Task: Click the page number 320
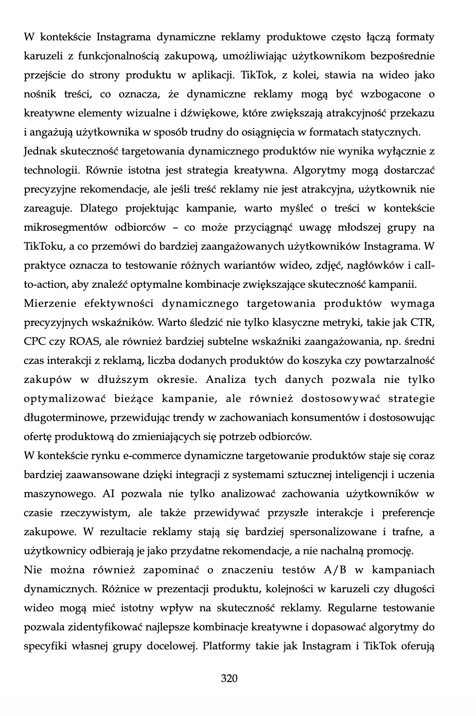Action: click(229, 678)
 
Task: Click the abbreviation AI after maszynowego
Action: click(109, 493)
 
